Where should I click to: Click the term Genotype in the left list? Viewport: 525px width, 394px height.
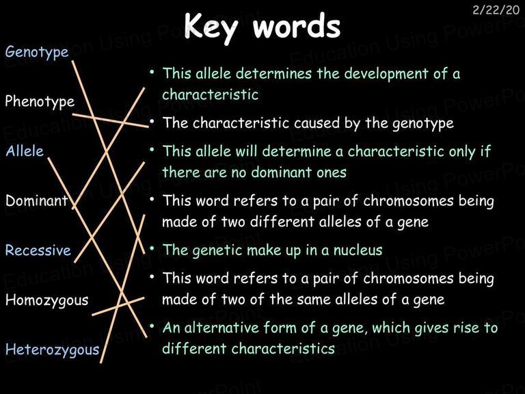click(x=37, y=53)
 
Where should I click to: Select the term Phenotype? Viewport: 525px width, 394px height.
click(x=40, y=102)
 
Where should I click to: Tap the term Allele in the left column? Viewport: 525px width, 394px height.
click(x=25, y=151)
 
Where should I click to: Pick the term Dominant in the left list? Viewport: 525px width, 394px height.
click(x=37, y=200)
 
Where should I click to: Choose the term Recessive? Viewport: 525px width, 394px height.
click(x=38, y=250)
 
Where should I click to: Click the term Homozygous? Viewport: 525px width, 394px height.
click(x=47, y=300)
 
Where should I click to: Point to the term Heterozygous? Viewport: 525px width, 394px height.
click(x=52, y=350)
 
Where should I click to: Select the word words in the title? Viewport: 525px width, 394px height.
click(x=297, y=25)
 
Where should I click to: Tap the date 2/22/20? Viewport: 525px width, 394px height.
click(x=496, y=10)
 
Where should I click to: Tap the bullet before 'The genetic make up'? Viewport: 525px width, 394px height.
click(x=152, y=248)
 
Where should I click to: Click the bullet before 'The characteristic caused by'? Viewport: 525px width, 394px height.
click(x=152, y=121)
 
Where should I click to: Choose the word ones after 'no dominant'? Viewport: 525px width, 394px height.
click(x=332, y=173)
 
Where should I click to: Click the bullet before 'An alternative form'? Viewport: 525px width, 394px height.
click(x=152, y=326)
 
